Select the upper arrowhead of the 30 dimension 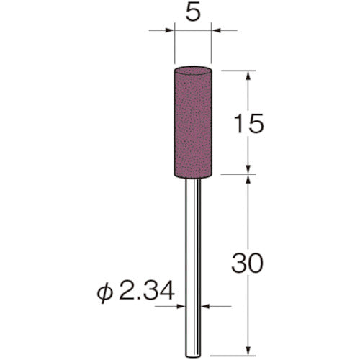coord(248,179)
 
